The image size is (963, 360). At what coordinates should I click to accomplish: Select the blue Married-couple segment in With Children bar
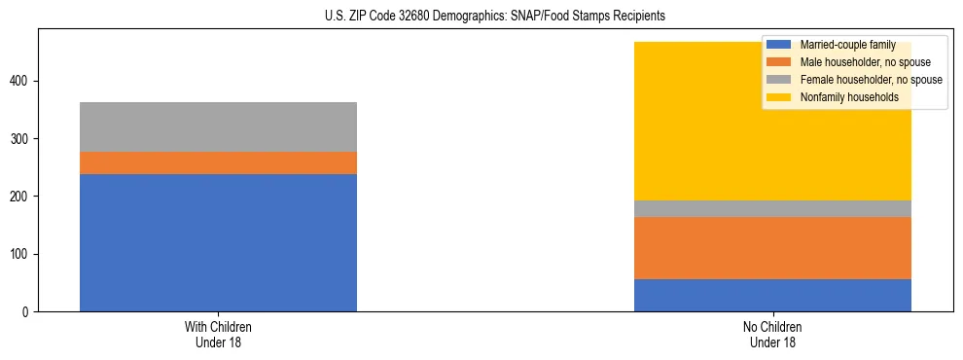pyautogui.click(x=218, y=242)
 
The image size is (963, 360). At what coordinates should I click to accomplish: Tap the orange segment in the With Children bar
pyautogui.click(x=218, y=162)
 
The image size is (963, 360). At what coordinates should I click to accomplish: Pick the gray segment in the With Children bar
pyautogui.click(x=218, y=126)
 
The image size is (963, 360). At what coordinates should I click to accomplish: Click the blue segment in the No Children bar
pyautogui.click(x=772, y=295)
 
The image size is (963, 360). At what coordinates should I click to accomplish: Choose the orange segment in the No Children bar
pyautogui.click(x=772, y=248)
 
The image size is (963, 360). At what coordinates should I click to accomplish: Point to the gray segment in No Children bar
pyautogui.click(x=772, y=208)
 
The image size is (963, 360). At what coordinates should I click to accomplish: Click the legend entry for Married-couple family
pyautogui.click(x=838, y=45)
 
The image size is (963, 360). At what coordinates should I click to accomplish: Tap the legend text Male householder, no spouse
pyautogui.click(x=851, y=62)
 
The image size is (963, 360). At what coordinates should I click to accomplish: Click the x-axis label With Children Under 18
pyautogui.click(x=218, y=334)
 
